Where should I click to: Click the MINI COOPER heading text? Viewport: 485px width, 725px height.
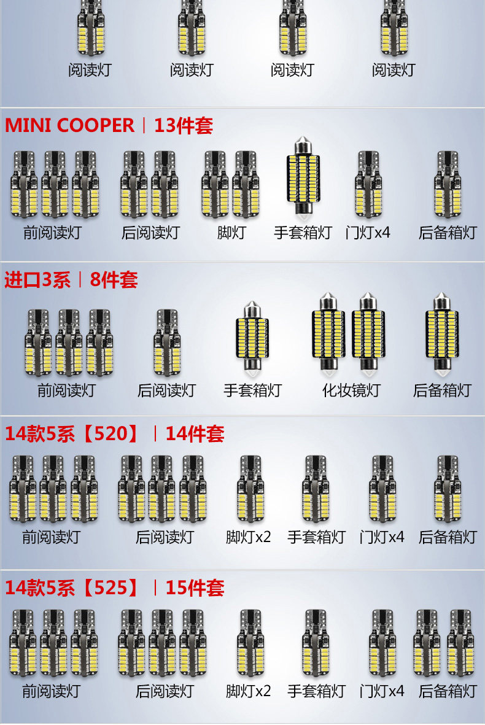pyautogui.click(x=69, y=125)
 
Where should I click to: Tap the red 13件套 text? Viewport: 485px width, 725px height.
pyautogui.click(x=183, y=125)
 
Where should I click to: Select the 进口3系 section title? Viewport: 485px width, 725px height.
pyautogui.click(x=37, y=280)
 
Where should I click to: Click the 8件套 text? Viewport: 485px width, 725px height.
pyautogui.click(x=114, y=280)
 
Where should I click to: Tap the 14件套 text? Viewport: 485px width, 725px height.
pyautogui.click(x=195, y=434)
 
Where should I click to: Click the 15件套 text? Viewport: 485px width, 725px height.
pyautogui.click(x=195, y=588)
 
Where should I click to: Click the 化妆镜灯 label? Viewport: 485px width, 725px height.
pyautogui.click(x=351, y=390)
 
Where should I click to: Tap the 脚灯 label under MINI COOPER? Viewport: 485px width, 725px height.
pyautogui.click(x=231, y=233)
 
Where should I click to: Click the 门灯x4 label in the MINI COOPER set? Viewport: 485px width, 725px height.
pyautogui.click(x=368, y=233)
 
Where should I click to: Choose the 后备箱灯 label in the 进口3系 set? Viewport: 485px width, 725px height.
pyautogui.click(x=442, y=390)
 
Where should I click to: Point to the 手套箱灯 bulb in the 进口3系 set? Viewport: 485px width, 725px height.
pyautogui.click(x=252, y=338)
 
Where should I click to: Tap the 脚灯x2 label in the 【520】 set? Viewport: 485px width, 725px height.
pyautogui.click(x=248, y=537)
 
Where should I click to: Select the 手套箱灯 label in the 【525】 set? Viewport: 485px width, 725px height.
pyautogui.click(x=316, y=691)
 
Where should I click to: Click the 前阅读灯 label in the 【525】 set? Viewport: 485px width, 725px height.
pyautogui.click(x=52, y=691)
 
